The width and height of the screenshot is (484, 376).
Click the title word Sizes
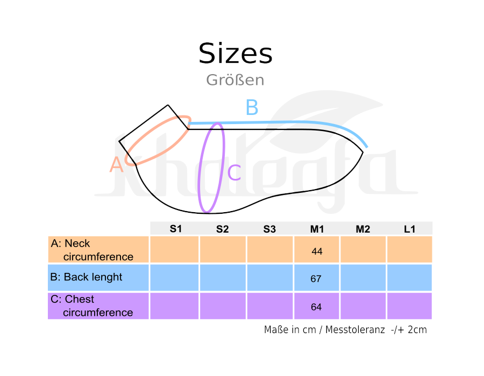click(235, 53)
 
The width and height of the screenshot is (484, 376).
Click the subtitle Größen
click(235, 80)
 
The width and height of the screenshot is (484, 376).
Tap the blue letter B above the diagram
click(252, 107)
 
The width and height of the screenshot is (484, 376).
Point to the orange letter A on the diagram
click(116, 164)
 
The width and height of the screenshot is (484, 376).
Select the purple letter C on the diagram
click(234, 172)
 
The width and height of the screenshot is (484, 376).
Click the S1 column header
click(176, 229)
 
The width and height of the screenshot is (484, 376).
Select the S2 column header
click(222, 229)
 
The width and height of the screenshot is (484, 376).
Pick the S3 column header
click(269, 229)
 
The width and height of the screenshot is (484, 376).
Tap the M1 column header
click(317, 229)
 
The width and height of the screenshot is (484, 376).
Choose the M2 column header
click(363, 229)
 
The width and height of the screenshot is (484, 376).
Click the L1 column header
click(410, 229)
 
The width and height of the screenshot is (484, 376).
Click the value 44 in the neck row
click(317, 251)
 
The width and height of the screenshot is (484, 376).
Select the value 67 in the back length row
click(316, 279)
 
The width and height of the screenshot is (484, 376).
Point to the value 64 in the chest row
click(316, 307)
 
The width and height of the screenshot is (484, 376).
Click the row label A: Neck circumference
click(92, 250)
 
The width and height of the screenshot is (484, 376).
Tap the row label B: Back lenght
click(86, 277)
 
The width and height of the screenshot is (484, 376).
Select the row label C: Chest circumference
click(91, 306)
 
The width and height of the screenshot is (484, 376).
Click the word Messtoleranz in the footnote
click(355, 329)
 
